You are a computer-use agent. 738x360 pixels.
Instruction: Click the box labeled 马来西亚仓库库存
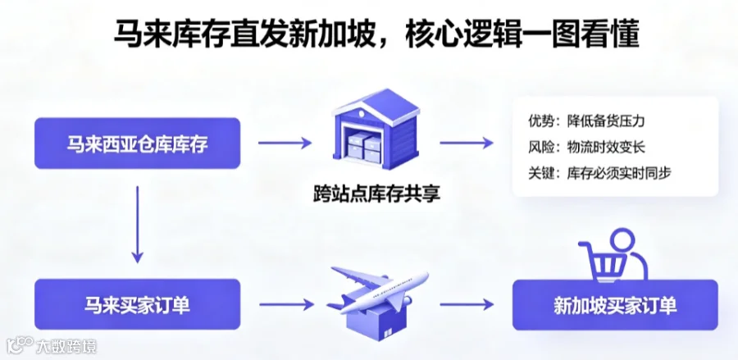(138, 143)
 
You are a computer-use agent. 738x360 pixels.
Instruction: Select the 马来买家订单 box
(138, 304)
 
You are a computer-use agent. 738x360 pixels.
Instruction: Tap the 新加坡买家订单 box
(615, 305)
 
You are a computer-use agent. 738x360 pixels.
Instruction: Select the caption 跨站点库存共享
(376, 194)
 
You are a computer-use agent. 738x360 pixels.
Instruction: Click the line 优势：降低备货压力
(586, 121)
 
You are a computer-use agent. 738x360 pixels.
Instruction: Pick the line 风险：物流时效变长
(586, 148)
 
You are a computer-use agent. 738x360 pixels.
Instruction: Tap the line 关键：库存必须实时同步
(599, 173)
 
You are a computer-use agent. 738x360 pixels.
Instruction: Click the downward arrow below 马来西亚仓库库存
(138, 225)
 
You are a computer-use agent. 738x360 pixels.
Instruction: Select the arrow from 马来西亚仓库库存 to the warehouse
(285, 143)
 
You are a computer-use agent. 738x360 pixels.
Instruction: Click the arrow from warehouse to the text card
(467, 143)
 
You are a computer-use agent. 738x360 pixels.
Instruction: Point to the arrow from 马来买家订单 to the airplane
(286, 304)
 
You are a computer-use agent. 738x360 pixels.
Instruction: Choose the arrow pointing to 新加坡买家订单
(467, 304)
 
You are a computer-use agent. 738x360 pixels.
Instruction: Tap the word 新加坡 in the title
(338, 34)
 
